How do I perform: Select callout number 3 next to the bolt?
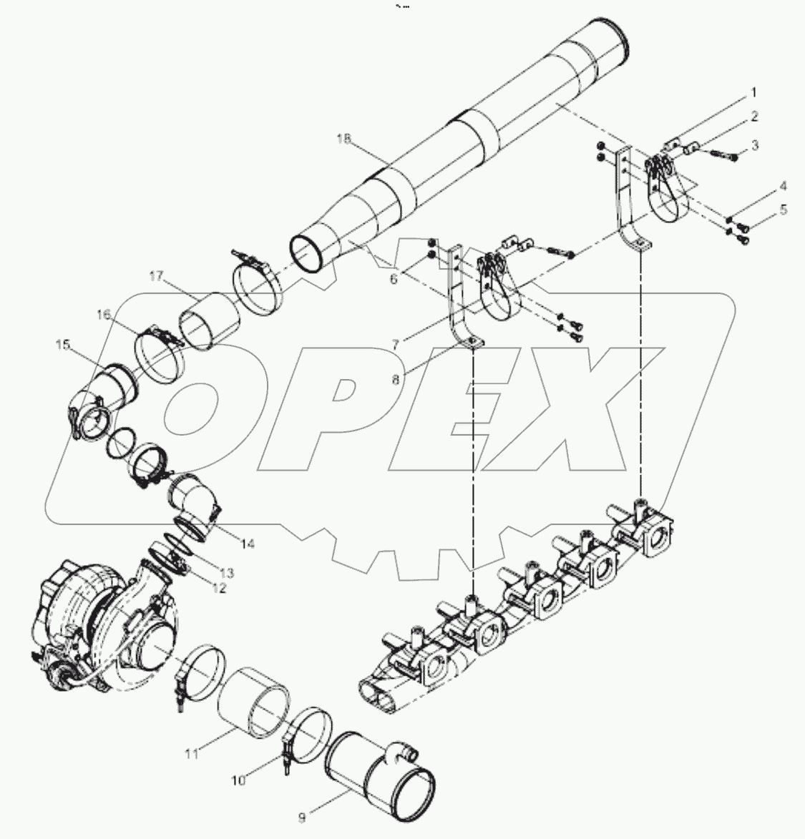(754, 146)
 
